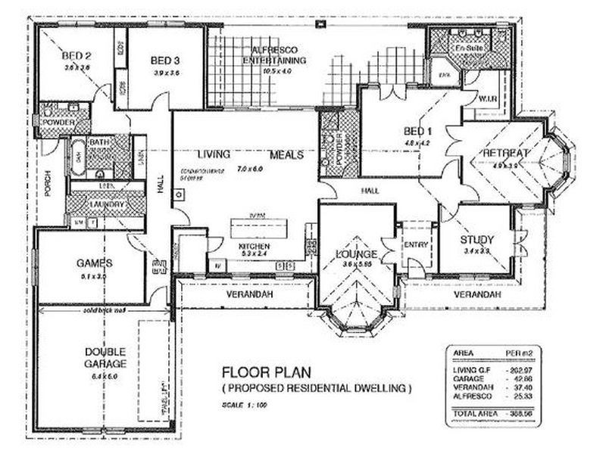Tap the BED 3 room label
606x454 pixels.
(x=164, y=61)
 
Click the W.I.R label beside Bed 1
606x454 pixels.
(x=487, y=100)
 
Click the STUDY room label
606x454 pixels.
(x=476, y=241)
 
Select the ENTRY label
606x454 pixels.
(x=417, y=244)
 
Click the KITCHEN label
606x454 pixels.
(x=255, y=247)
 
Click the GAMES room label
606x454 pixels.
(x=94, y=263)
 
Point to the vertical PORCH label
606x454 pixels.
(x=47, y=182)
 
